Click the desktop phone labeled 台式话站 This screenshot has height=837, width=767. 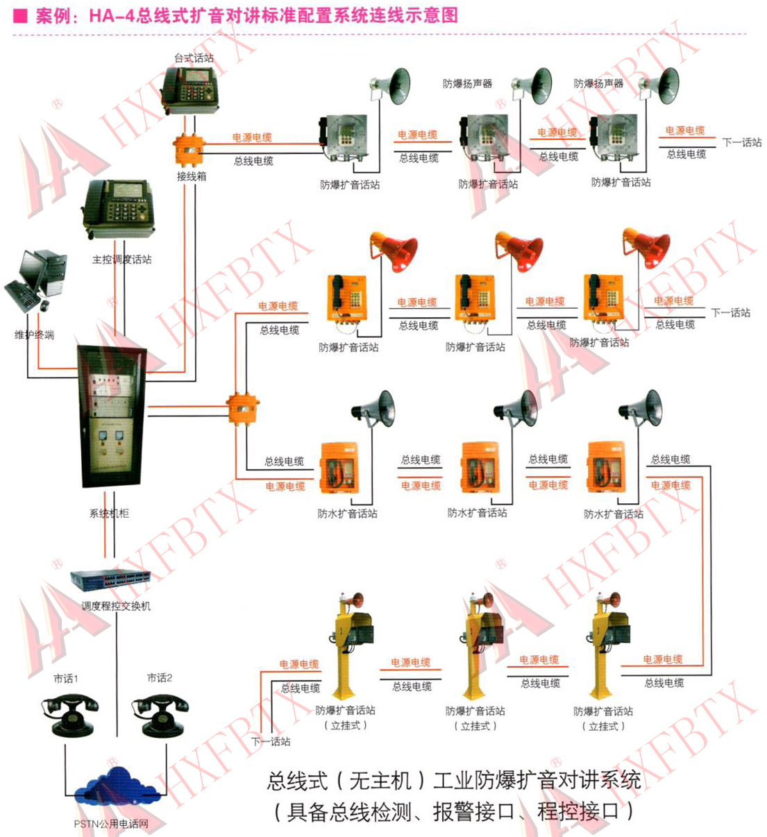tap(189, 90)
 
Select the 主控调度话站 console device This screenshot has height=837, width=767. tap(117, 210)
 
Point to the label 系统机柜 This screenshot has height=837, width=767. tap(109, 514)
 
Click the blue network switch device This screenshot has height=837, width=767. tap(111, 578)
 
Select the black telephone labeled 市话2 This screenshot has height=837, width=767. tap(160, 714)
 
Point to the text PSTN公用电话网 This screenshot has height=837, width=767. tap(111, 825)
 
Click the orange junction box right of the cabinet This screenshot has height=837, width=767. tap(242, 407)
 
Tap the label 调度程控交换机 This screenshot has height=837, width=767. tap(116, 606)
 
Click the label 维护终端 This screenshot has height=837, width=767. tap(34, 335)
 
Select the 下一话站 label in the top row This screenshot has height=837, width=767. tap(741, 142)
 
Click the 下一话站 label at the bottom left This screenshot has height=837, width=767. tap(271, 742)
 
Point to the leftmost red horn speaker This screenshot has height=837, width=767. tap(396, 250)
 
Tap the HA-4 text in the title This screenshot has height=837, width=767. tap(111, 15)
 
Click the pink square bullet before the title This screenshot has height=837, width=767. tap(20, 15)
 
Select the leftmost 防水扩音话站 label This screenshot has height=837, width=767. tap(347, 514)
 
